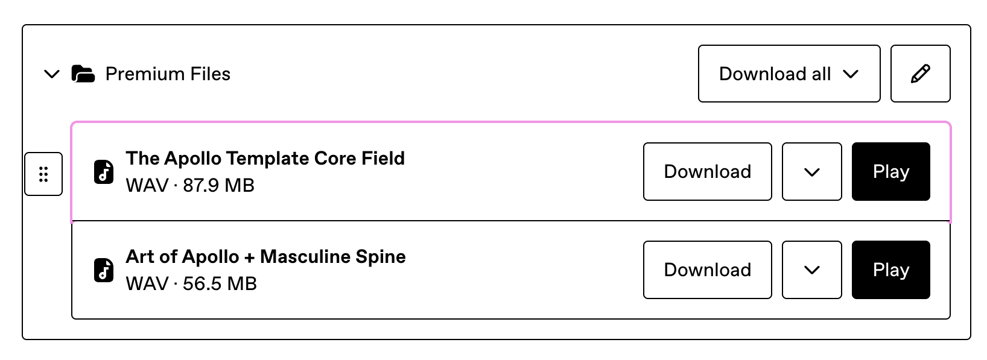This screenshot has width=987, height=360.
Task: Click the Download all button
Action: [x=789, y=74]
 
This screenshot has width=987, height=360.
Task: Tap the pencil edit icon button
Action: [x=921, y=74]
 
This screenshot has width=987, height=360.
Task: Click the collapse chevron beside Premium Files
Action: [x=51, y=74]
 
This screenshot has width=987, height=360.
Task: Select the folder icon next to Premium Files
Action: [x=83, y=74]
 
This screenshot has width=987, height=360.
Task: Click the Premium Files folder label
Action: [x=168, y=74]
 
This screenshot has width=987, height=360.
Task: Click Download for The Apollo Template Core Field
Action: [x=707, y=171]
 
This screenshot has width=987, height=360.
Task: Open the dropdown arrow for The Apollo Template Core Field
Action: [x=811, y=171]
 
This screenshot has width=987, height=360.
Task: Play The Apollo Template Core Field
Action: [x=891, y=171]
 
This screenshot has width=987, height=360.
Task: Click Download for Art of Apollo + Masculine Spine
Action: [x=707, y=270]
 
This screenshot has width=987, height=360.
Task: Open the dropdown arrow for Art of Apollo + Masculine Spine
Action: [x=811, y=270]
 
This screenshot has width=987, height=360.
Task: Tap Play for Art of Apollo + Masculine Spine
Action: [x=891, y=270]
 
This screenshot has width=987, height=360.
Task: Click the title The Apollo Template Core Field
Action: [x=265, y=159]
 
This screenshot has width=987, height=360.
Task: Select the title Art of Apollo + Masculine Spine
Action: [x=265, y=257]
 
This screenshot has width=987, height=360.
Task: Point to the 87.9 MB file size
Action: [x=218, y=186]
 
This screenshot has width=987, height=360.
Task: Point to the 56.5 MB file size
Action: [x=220, y=284]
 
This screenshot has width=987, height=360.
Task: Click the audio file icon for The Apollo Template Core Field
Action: [x=104, y=172]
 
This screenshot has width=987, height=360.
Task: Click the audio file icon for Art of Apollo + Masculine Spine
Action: [x=104, y=270]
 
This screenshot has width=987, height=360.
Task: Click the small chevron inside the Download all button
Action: [x=851, y=74]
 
